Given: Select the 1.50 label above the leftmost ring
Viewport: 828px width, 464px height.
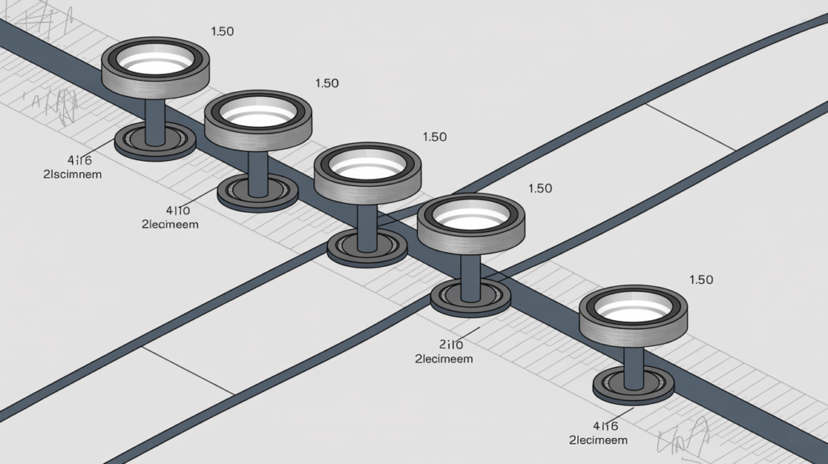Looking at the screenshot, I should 222,32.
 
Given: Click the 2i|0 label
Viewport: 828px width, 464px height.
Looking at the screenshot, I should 450,343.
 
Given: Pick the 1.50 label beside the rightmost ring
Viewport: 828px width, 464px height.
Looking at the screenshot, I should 701,280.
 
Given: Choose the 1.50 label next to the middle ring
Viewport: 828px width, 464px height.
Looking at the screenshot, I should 434,137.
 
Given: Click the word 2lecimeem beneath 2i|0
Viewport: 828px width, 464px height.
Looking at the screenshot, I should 444,358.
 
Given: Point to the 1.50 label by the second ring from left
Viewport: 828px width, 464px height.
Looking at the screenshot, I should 327,83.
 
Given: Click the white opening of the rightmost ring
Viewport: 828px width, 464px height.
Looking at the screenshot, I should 634,308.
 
